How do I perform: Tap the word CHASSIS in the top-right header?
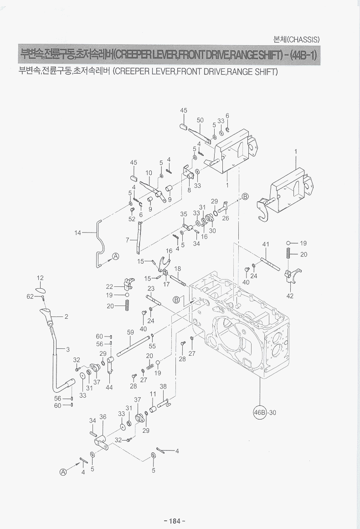305,39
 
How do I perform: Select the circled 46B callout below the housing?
259,413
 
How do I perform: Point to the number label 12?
40,278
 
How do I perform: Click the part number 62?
31,296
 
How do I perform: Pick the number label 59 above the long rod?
130,333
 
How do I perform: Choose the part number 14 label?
78,233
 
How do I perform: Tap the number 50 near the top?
200,120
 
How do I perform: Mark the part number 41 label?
266,244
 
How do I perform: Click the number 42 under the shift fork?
290,296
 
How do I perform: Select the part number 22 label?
109,286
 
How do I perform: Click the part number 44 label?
109,387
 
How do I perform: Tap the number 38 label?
163,386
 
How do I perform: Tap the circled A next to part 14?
116,256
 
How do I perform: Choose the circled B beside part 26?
245,197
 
